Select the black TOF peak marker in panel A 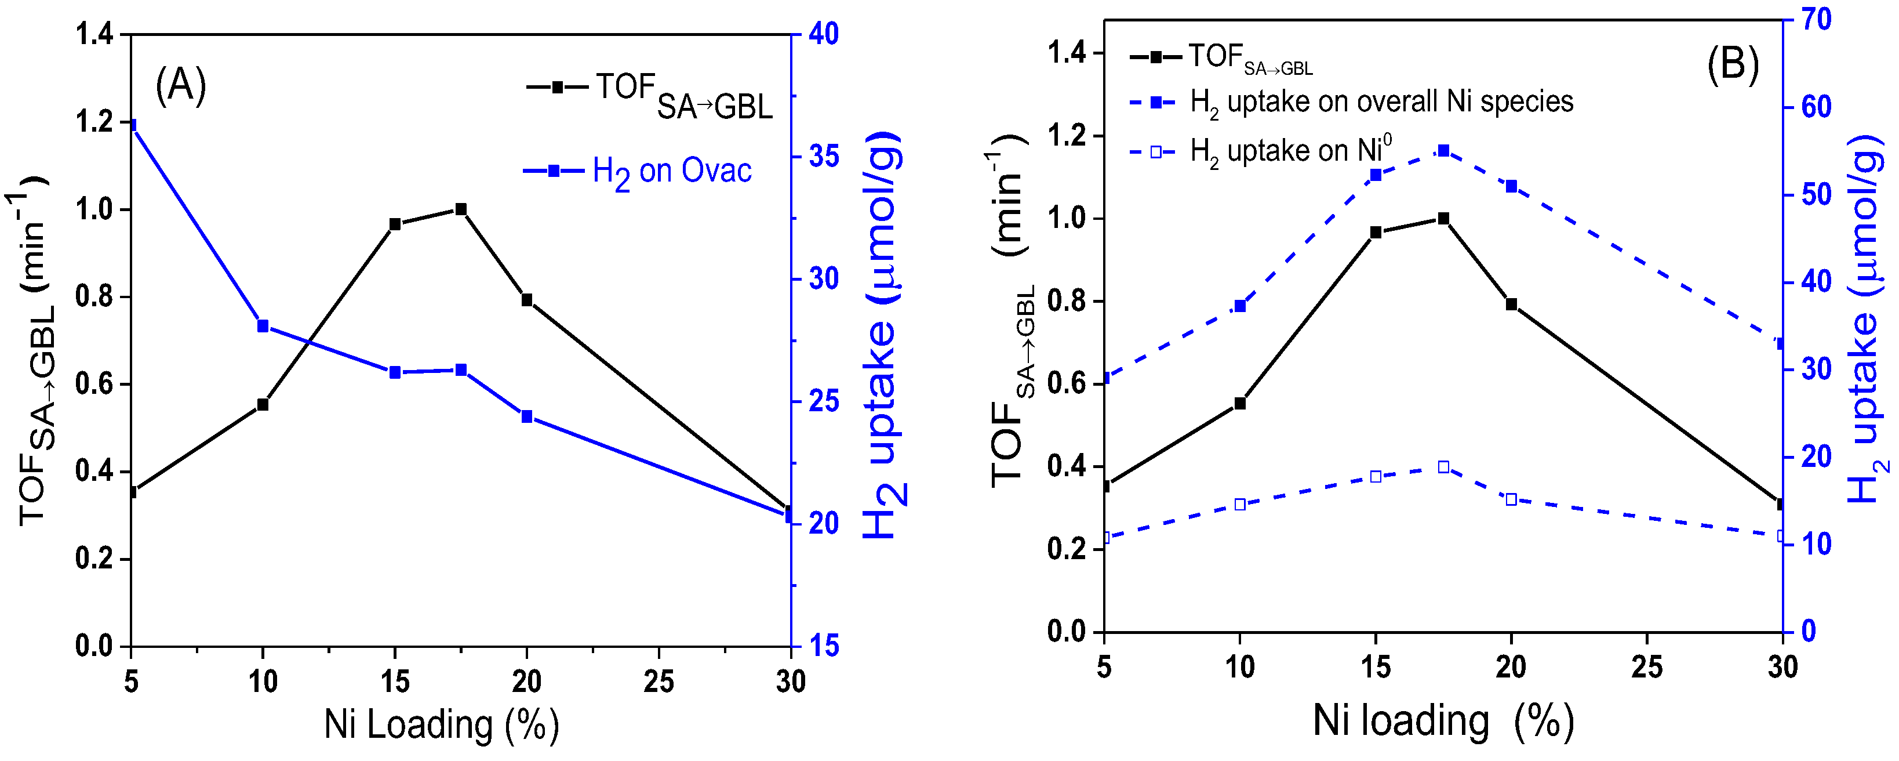pos(461,209)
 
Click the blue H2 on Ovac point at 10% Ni pos(263,326)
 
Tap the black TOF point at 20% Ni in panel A pos(527,300)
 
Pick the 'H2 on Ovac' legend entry pos(638,171)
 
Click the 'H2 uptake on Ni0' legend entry pos(1261,152)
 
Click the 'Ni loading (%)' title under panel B pos(1443,720)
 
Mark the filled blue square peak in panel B pos(1443,151)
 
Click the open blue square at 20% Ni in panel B pos(1511,500)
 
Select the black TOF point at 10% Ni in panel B pos(1240,403)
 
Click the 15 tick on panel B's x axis pos(1375,668)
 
